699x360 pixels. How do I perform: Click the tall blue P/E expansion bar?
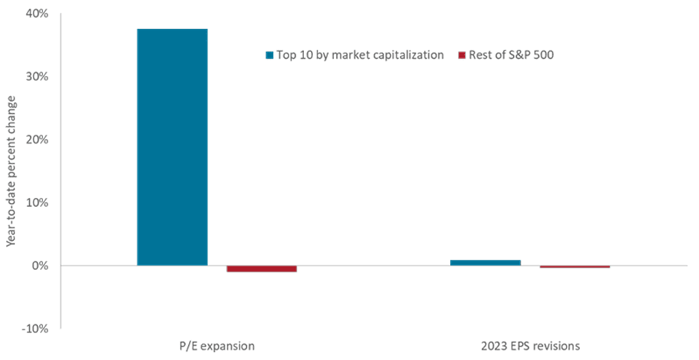(x=172, y=147)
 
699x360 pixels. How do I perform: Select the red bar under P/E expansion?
(x=261, y=269)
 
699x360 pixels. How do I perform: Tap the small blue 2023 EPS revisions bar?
(x=486, y=262)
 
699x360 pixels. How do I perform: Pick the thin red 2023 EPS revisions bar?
(x=575, y=266)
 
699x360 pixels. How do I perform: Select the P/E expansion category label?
(x=216, y=346)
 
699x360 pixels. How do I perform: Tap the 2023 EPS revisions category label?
(x=530, y=346)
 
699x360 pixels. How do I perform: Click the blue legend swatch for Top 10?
(x=269, y=55)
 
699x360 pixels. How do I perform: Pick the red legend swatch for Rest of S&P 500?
(x=462, y=55)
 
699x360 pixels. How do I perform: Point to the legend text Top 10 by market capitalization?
(x=360, y=55)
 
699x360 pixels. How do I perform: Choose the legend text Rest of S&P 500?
(x=511, y=55)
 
